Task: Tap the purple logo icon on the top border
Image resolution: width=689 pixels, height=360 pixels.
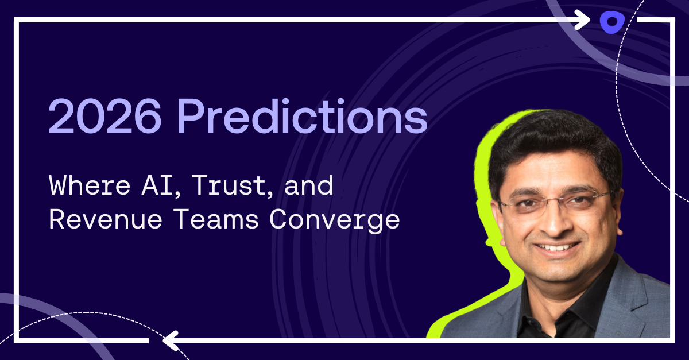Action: pos(611,22)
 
